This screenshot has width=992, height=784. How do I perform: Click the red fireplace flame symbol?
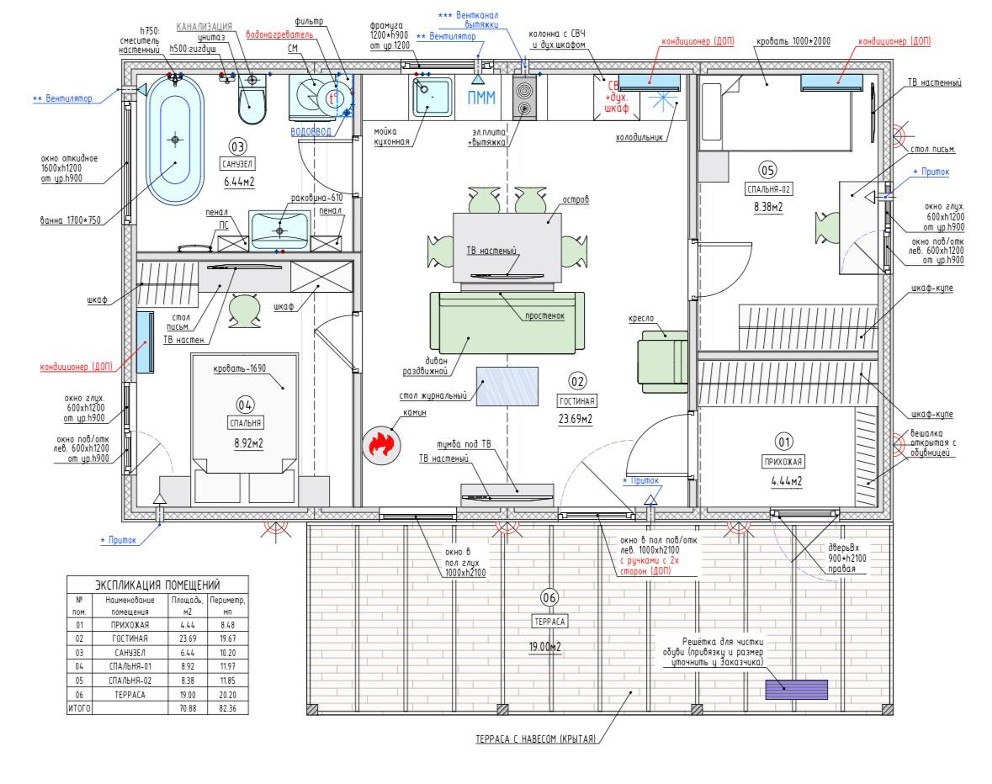(x=381, y=444)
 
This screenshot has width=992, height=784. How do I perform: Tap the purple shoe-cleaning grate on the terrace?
(x=796, y=690)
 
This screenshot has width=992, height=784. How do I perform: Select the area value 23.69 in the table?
(x=188, y=638)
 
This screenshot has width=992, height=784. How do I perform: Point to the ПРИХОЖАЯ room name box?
(x=783, y=461)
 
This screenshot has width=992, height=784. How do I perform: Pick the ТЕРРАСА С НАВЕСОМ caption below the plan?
(x=535, y=739)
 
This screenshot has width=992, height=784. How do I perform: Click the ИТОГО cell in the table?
(x=78, y=709)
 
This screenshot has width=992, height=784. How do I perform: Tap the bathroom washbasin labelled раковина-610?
(x=279, y=230)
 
